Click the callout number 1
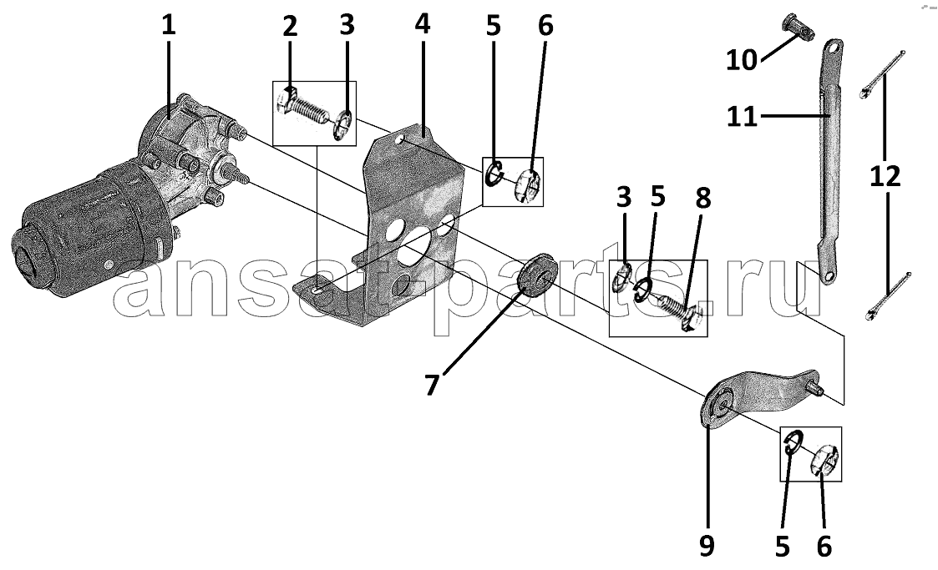[x=170, y=25]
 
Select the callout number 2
[x=290, y=27]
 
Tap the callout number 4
[x=423, y=24]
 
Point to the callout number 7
[x=433, y=384]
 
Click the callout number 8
[x=703, y=198]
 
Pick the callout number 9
[x=707, y=546]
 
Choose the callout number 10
[x=742, y=60]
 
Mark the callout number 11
[x=742, y=117]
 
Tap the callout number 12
[x=885, y=177]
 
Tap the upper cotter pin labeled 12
[x=882, y=73]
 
